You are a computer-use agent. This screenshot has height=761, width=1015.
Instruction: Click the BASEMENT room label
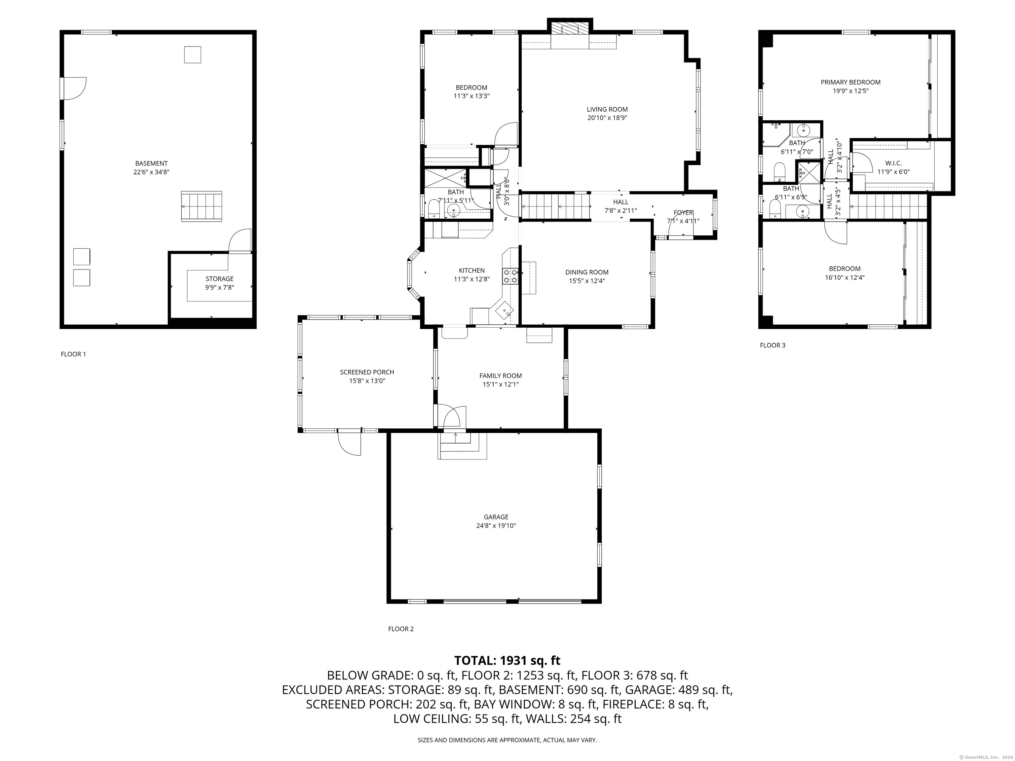click(x=151, y=163)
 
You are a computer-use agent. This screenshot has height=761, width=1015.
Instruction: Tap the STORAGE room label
click(x=219, y=279)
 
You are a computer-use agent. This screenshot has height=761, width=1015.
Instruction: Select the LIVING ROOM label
click(x=607, y=109)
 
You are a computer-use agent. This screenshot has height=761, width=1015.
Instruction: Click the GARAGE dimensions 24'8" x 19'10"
click(x=496, y=526)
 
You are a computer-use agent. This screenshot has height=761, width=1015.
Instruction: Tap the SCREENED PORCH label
click(x=367, y=372)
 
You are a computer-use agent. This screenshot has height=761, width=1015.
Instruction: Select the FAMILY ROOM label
click(x=501, y=376)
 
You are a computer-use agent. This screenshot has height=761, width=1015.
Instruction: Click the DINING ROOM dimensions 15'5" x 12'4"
click(x=587, y=281)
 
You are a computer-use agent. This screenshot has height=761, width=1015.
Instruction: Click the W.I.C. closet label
click(x=893, y=163)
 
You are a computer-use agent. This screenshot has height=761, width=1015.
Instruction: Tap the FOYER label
click(x=683, y=212)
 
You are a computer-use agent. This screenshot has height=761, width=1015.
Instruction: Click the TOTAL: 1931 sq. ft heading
click(x=507, y=661)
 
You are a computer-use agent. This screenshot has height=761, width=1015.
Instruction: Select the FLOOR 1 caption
click(x=73, y=354)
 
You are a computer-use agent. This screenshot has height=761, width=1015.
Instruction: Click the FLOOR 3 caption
click(x=773, y=345)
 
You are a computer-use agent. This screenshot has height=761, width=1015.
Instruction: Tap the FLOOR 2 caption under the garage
click(x=401, y=629)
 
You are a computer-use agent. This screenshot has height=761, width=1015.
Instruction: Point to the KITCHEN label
click(x=472, y=271)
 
